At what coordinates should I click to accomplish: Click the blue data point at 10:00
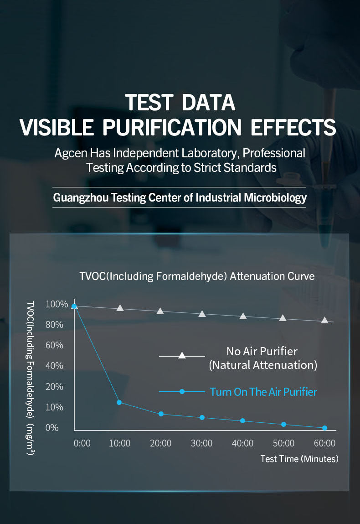coord(119,402)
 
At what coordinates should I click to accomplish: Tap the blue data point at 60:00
coord(324,428)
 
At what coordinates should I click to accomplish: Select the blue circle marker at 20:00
coord(161,414)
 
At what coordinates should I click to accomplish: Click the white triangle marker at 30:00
coord(202,314)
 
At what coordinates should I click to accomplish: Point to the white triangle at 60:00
coord(324,320)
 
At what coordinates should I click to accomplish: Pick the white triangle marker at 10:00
coord(120,308)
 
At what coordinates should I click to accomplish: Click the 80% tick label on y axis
coord(54,325)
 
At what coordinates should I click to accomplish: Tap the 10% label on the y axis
coord(54,407)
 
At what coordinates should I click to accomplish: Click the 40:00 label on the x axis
coord(242,443)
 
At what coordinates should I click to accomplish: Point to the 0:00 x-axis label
coord(82,443)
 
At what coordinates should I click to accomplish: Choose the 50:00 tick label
coord(283,443)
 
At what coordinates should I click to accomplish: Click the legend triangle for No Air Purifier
coord(182,355)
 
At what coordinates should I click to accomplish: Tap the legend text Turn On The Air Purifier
coord(263,392)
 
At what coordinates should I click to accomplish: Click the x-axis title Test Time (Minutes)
coord(299,459)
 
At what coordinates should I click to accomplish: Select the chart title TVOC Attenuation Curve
coord(197,276)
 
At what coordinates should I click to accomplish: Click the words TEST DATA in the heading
coord(180,102)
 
